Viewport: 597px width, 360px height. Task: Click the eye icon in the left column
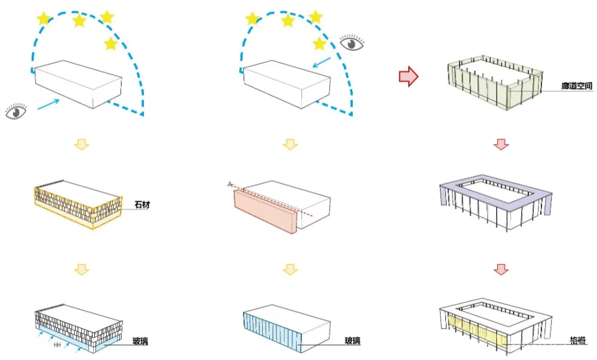click(x=16, y=111)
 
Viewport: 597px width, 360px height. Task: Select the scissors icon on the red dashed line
click(x=229, y=185)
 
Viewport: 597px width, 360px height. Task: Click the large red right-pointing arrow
click(x=408, y=76)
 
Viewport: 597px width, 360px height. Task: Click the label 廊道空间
click(x=577, y=87)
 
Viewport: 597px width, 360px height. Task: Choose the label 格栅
click(x=577, y=342)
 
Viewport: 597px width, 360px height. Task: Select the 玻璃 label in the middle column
click(x=352, y=341)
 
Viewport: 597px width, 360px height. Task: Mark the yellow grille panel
click(x=478, y=332)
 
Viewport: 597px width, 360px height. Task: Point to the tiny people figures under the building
click(x=58, y=345)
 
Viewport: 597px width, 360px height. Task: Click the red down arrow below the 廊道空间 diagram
click(x=501, y=144)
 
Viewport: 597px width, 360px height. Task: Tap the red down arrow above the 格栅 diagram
click(x=501, y=269)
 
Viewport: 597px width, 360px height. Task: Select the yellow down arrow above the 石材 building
click(x=81, y=144)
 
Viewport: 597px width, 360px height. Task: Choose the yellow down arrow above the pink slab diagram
click(x=290, y=144)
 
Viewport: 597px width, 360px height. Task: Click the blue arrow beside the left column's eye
click(x=48, y=104)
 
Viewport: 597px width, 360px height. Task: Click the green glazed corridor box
click(x=496, y=84)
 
